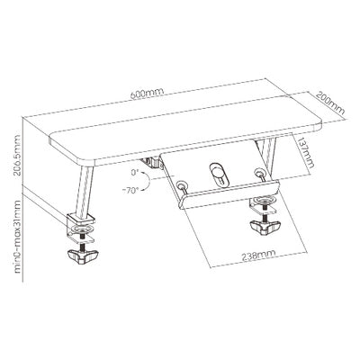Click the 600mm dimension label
click(x=148, y=93)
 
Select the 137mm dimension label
click(x=305, y=154)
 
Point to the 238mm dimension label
click(x=259, y=256)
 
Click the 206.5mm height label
click(x=18, y=157)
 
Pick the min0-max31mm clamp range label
click(x=18, y=237)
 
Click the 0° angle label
click(x=133, y=173)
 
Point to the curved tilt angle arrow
click(x=147, y=181)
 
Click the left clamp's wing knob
click(x=83, y=256)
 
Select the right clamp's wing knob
click(x=265, y=228)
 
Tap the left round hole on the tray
click(x=181, y=186)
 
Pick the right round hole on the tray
click(x=257, y=173)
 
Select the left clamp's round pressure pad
click(x=83, y=230)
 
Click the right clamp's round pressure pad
click(x=265, y=200)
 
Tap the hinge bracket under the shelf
click(x=153, y=163)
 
